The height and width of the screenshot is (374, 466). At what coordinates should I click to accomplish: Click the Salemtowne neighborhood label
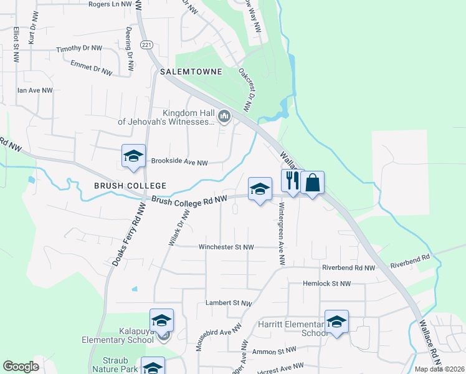(191, 72)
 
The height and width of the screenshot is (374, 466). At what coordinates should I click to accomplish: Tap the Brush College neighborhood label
(130, 186)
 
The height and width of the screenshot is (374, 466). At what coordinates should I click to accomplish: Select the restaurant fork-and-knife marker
(292, 181)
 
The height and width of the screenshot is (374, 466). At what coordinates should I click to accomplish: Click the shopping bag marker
(313, 183)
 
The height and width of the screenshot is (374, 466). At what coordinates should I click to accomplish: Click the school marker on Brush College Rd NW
(259, 189)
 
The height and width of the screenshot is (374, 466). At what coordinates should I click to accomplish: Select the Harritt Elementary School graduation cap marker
(337, 322)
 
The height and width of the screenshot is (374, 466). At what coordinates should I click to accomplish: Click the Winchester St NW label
(226, 247)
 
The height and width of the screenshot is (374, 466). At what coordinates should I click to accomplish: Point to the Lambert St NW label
(229, 303)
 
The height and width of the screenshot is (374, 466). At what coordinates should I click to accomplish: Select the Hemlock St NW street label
(326, 283)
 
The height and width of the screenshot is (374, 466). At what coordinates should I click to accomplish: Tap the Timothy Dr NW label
(79, 49)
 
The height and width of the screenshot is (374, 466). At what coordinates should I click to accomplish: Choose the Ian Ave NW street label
(35, 90)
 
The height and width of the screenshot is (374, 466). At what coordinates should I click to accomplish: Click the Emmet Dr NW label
(92, 68)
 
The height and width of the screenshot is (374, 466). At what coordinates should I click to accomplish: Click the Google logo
(21, 367)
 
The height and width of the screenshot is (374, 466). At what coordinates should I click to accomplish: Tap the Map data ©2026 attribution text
(439, 369)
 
